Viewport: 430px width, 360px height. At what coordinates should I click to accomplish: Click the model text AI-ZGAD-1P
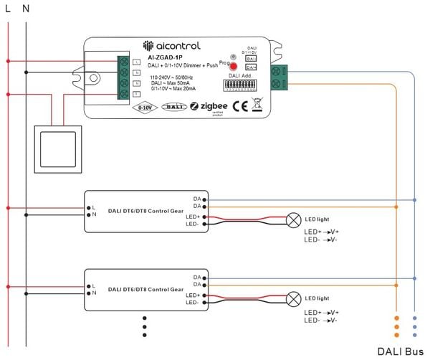pyautogui.click(x=164, y=58)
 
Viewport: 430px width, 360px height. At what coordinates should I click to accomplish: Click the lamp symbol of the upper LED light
pyautogui.click(x=294, y=219)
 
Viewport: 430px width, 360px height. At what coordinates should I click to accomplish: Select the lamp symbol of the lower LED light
pyautogui.click(x=294, y=298)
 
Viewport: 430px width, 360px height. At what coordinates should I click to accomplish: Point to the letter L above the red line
pyautogui.click(x=8, y=9)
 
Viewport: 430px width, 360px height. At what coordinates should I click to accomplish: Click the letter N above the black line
pyautogui.click(x=26, y=9)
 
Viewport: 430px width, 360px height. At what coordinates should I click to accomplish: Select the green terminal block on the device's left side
pyautogui.click(x=124, y=77)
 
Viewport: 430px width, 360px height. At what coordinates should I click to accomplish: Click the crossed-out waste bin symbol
pyautogui.click(x=258, y=106)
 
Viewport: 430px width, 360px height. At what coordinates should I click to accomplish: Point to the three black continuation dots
pyautogui.click(x=144, y=326)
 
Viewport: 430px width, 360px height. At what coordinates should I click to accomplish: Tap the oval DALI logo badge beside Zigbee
pyautogui.click(x=174, y=106)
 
